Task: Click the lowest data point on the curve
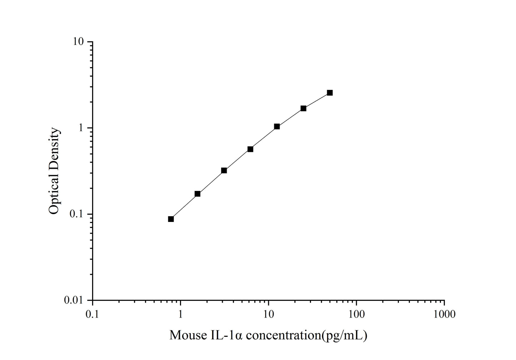click(171, 219)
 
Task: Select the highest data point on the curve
click(330, 93)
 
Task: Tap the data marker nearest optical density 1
click(277, 126)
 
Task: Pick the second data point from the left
click(197, 194)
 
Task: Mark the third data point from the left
click(224, 171)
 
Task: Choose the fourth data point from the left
click(250, 149)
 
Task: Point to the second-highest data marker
click(303, 108)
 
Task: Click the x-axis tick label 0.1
click(92, 314)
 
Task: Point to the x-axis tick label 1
click(181, 314)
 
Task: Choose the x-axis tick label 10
click(269, 314)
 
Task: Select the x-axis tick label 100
click(356, 314)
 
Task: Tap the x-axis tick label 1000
click(444, 314)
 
